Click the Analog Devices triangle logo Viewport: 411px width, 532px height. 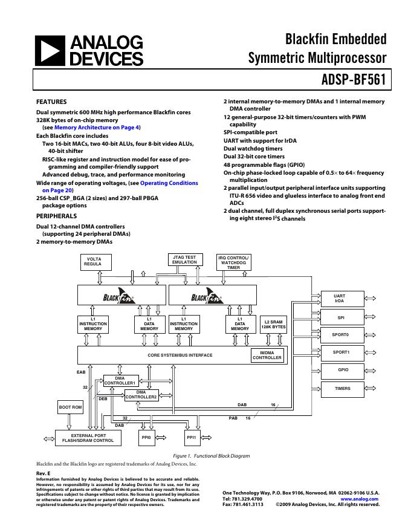[x=49, y=51]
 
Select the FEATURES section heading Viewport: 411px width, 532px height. [x=51, y=102]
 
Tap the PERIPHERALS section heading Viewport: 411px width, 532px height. [x=56, y=216]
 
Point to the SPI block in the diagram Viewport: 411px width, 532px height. [x=341, y=316]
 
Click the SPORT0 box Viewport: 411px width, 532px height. [x=341, y=334]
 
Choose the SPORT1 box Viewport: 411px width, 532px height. [x=341, y=352]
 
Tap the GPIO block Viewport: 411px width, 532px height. [x=342, y=370]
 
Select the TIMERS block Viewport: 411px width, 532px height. [x=342, y=388]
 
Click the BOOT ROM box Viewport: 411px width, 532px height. [x=70, y=407]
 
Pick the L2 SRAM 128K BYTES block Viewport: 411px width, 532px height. [x=273, y=324]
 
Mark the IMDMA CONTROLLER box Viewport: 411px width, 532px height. [x=267, y=355]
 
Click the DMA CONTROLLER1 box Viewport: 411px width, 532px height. [x=120, y=380]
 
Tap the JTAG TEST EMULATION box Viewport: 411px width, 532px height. [x=184, y=260]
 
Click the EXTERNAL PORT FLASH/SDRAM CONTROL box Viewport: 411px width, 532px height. [x=84, y=438]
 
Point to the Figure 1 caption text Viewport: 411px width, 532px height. [x=211, y=456]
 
